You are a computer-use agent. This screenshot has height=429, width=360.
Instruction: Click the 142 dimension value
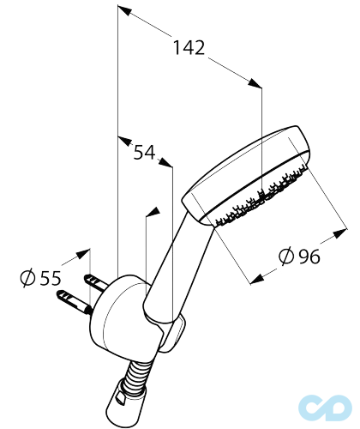(x=189, y=47)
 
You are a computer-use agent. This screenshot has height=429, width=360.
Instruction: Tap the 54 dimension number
(x=145, y=153)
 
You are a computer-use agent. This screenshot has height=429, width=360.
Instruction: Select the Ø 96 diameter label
(x=299, y=256)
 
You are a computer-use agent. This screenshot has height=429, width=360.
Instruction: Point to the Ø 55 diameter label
(x=40, y=278)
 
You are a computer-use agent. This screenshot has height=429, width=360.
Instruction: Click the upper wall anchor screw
(x=96, y=281)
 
